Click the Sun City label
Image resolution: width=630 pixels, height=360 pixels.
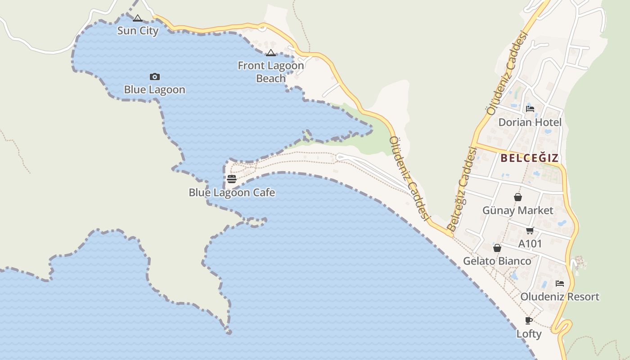(x=138, y=31)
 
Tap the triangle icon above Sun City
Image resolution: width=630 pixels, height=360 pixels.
(x=138, y=18)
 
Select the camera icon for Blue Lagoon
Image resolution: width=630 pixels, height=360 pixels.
(x=155, y=77)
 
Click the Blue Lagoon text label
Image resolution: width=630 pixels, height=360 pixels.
(x=155, y=90)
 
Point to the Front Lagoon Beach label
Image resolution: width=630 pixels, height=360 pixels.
(x=271, y=72)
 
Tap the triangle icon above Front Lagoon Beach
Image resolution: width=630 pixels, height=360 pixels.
(x=270, y=53)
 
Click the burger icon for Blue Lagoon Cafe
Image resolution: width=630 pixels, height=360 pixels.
(x=232, y=179)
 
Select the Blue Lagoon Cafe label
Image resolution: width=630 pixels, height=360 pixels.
(x=232, y=193)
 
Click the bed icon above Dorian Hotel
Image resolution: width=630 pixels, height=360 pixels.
(x=530, y=108)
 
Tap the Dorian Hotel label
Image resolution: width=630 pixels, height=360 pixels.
(x=530, y=122)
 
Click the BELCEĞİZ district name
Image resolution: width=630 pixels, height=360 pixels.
(x=530, y=158)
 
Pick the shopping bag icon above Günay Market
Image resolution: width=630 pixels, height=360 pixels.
(x=518, y=197)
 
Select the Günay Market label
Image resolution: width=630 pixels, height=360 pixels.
(x=518, y=210)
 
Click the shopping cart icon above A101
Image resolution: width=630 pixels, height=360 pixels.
(x=530, y=231)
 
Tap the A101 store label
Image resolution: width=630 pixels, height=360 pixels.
(x=530, y=244)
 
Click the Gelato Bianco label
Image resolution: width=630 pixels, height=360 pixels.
(x=497, y=261)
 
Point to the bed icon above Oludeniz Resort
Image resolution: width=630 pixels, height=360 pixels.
(x=560, y=283)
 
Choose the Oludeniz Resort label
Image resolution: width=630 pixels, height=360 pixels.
(x=560, y=297)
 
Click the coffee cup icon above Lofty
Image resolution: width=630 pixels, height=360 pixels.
(x=529, y=321)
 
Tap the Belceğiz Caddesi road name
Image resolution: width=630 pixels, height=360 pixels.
(x=462, y=189)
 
